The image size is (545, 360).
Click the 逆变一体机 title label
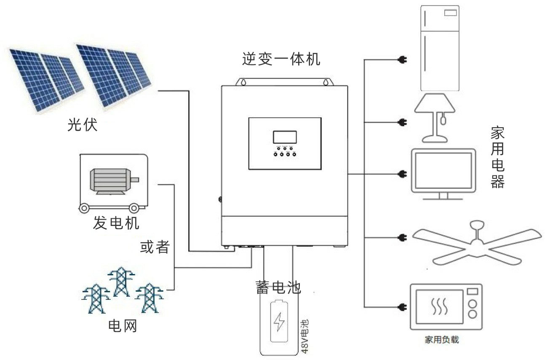281,59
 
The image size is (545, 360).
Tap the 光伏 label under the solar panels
83,125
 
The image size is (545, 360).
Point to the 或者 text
155,247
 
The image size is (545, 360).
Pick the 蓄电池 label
278,287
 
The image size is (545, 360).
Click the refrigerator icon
439,48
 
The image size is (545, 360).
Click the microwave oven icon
446,306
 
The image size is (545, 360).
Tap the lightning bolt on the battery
279,322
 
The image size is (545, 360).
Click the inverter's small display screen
285,137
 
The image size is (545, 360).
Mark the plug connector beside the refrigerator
402,60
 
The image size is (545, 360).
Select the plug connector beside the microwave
402,306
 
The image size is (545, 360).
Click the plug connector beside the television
402,174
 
